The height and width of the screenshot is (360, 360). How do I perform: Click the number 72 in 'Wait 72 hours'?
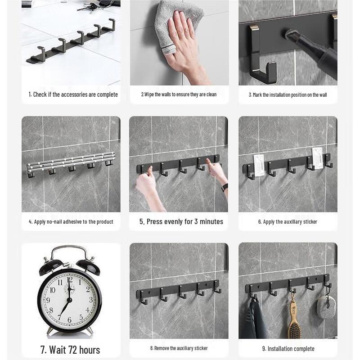[x=72, y=350]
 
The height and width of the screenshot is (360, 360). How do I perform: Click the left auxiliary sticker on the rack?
[x=258, y=165]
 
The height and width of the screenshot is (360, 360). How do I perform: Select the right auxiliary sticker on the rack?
[x=318, y=158]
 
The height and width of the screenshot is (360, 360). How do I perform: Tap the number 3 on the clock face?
[x=91, y=300]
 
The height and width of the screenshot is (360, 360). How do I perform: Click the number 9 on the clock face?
[x=48, y=300]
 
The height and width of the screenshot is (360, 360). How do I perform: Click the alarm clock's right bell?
[x=89, y=266]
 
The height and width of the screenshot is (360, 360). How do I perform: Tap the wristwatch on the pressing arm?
[x=225, y=187]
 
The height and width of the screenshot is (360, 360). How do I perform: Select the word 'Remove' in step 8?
[x=162, y=348]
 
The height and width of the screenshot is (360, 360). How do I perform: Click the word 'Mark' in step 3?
[x=257, y=95]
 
